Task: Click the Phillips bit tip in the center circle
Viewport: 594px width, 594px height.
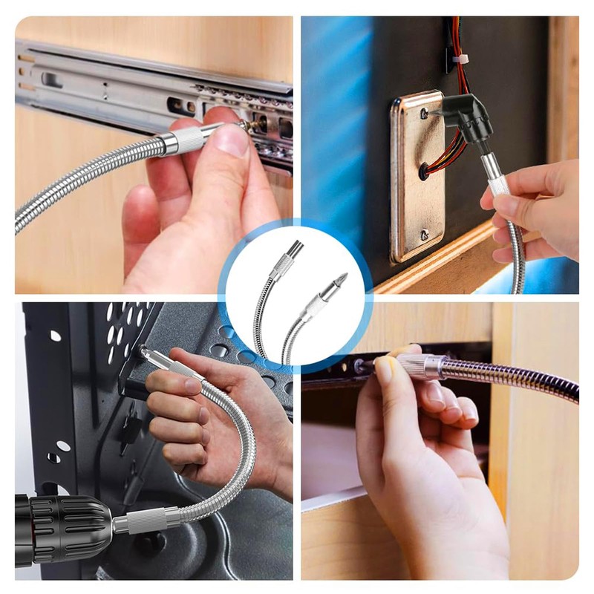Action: pos(341,281)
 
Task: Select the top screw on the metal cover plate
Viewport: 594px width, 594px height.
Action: pos(422,114)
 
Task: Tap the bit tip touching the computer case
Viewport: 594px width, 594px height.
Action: pos(142,349)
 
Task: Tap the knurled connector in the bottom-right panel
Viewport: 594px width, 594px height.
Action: pos(420,367)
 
